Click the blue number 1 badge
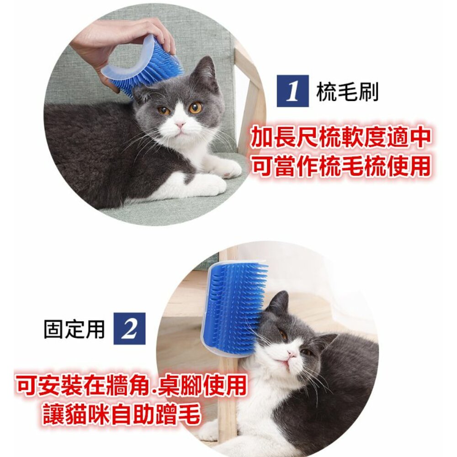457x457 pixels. pos(292,90)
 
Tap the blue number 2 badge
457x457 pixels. pos(129,329)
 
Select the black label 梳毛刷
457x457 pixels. pos(347,91)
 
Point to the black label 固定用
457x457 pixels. pos(74,329)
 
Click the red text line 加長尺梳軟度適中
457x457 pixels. pos(340,138)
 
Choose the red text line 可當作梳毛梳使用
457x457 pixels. pos(340,166)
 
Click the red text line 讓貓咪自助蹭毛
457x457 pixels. pos(122,414)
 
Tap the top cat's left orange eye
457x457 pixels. pos(164,111)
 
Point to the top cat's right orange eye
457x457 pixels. pos(195,107)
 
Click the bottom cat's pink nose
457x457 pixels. pos(292,353)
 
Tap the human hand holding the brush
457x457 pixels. pos(122,44)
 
